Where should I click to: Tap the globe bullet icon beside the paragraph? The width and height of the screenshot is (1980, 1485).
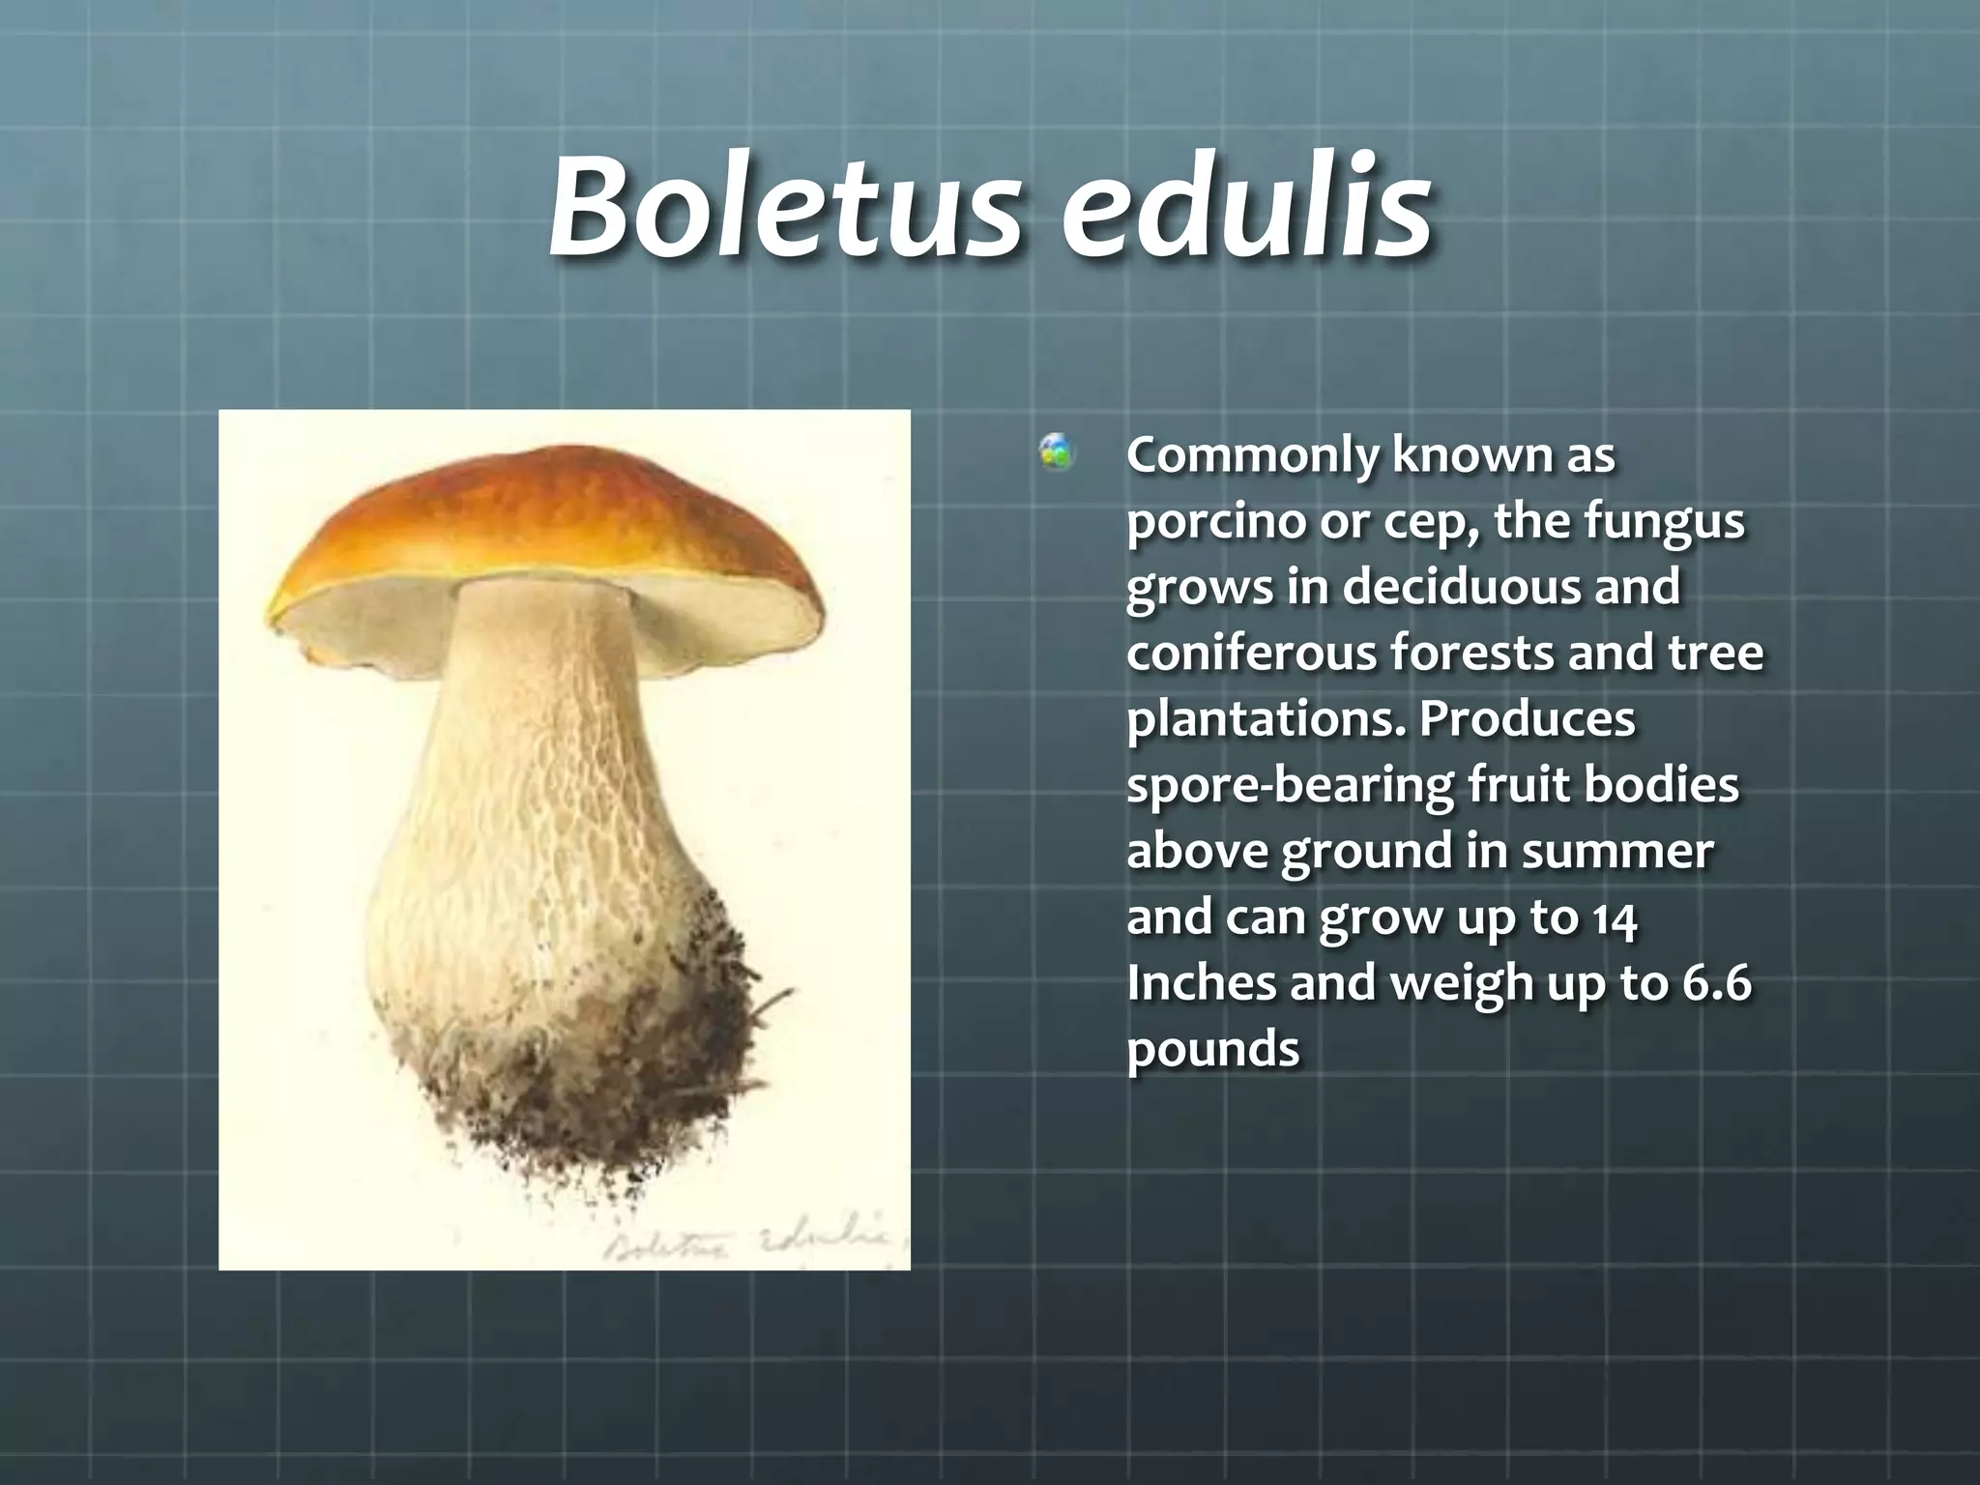click(x=1056, y=452)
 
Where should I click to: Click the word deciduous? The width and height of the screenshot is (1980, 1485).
click(x=1461, y=587)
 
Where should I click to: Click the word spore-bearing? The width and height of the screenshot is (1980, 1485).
click(x=1290, y=785)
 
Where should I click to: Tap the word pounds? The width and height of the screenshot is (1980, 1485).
click(x=1212, y=1049)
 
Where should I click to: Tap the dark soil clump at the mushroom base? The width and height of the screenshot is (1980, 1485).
click(x=619, y=1083)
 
